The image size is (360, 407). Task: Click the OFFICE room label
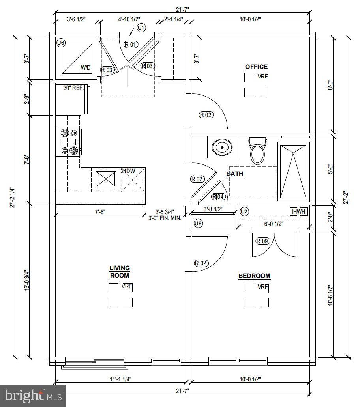coord(256,67)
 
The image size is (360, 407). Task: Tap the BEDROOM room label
coord(254,276)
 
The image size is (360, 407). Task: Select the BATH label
coord(234,174)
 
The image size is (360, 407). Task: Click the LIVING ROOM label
coord(120,272)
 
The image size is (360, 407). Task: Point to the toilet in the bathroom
coord(257,151)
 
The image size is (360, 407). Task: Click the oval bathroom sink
coord(222,147)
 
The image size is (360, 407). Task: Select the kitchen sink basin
coord(106,179)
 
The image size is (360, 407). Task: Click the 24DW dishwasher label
coord(128,171)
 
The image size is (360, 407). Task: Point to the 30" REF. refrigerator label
coord(74,88)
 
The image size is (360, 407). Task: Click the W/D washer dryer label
coord(85,68)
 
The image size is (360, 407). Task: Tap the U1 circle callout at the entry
coord(141,28)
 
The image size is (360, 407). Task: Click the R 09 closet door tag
coord(263,241)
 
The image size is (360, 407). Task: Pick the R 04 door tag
coord(218,197)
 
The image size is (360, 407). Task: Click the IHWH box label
coord(298,211)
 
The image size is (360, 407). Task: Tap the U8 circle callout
coord(199,223)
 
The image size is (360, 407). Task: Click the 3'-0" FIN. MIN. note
coord(165,218)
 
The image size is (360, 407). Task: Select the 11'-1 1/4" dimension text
coord(120,379)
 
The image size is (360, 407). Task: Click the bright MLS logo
coord(33,396)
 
